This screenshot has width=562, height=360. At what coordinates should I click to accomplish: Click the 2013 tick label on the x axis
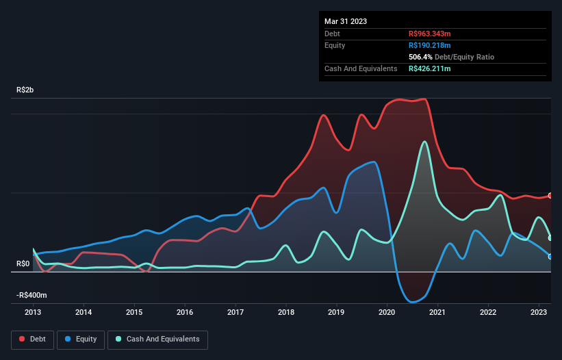tap(33, 312)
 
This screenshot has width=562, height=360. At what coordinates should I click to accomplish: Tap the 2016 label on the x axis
tap(185, 312)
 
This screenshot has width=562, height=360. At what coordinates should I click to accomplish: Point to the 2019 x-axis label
tap(336, 312)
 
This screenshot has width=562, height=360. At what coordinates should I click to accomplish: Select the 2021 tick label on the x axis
tap(437, 312)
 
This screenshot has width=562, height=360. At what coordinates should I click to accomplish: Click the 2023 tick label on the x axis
tap(539, 312)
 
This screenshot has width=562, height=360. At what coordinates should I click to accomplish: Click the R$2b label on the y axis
tap(27, 90)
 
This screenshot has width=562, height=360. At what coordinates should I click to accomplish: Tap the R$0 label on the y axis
tap(23, 263)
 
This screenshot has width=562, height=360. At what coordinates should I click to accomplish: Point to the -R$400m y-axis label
tap(31, 295)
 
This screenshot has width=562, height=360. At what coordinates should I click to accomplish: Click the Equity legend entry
tap(81, 339)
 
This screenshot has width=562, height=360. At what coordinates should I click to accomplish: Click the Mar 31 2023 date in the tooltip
tap(346, 21)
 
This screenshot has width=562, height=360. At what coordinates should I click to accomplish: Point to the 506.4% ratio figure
tap(420, 57)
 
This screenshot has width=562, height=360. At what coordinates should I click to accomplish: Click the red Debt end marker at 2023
tap(550, 196)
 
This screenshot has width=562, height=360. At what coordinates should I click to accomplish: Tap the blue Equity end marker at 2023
tap(550, 257)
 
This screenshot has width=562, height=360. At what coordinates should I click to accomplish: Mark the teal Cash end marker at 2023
tap(550, 238)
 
